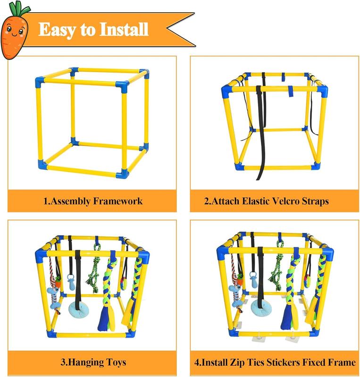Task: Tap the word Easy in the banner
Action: tap(56, 30)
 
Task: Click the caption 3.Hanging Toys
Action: tap(93, 363)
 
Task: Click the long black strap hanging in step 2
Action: tap(259, 132)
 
